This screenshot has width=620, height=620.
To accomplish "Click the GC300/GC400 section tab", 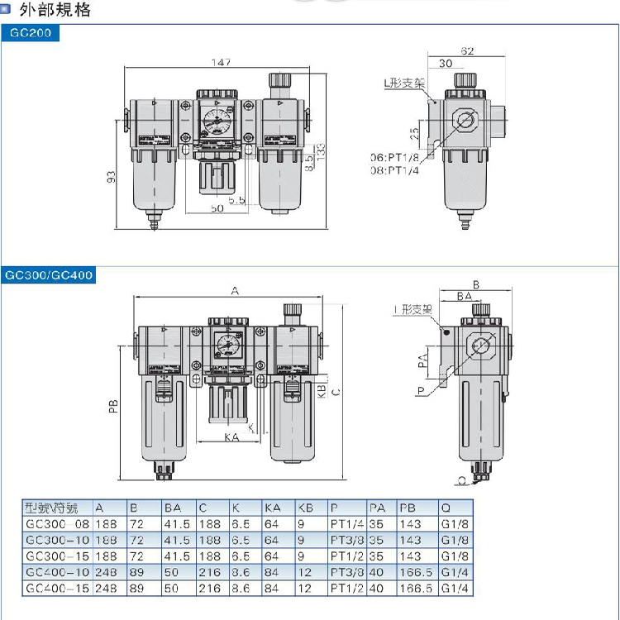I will pos(49,275).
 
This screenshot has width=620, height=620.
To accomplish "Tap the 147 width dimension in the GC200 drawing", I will pos(219,63).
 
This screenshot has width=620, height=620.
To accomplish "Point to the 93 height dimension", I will pos(112,175).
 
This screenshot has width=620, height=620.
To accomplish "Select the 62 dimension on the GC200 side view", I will pos(467,51).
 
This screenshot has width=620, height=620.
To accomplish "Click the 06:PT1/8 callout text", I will pos(398,157).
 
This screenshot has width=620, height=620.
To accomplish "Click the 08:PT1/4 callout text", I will pos(398,170).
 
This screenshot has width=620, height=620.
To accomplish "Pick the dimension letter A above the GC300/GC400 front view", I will pos(234,291).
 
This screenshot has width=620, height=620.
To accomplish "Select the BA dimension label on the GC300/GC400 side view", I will pos(464,295).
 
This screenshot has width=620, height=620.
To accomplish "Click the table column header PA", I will pos(377,508).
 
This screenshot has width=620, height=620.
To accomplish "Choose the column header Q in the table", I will pos(446,508).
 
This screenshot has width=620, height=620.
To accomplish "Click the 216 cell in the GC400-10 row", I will pos(210,572).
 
